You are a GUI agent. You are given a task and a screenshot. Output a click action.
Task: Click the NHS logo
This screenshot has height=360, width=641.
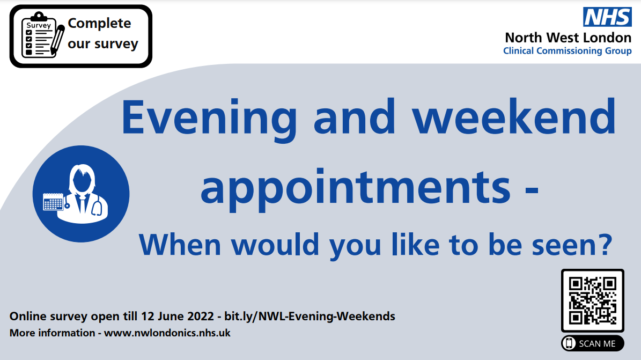[x=607, y=17]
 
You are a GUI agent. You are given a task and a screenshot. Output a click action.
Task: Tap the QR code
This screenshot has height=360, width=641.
[x=592, y=300]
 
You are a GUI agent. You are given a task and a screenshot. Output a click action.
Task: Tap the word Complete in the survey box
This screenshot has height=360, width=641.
[x=99, y=24]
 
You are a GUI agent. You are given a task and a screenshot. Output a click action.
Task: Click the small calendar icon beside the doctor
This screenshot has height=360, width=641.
[x=53, y=202]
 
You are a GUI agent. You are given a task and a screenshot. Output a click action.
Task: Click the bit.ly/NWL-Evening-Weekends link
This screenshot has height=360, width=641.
[x=310, y=316]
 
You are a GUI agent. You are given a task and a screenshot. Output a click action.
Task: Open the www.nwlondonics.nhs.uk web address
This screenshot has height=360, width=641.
[x=167, y=333]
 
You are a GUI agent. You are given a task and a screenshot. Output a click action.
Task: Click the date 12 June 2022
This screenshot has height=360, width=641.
[x=177, y=316]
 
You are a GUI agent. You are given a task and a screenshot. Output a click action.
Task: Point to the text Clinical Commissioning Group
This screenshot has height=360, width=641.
[x=568, y=51]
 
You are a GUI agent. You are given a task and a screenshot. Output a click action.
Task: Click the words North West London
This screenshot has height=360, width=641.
[x=568, y=38]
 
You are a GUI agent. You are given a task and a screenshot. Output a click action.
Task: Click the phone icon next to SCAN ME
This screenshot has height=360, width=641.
[x=569, y=343]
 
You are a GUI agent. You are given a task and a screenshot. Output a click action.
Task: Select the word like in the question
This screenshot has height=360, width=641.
[x=415, y=244]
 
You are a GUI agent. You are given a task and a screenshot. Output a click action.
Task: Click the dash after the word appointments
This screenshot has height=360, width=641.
[x=532, y=190]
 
